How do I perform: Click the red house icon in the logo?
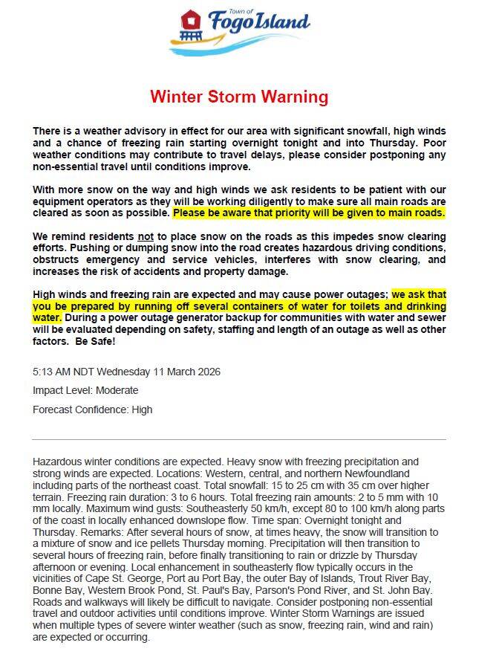click(191, 19)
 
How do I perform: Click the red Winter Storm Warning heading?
click(239, 97)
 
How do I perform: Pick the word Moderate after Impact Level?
click(116, 390)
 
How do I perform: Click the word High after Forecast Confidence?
click(142, 410)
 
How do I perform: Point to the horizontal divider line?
click(239, 439)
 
